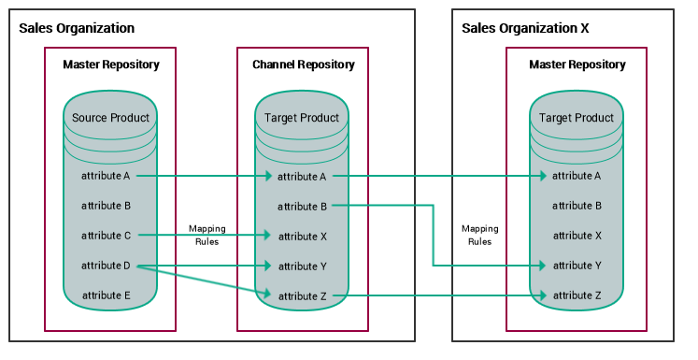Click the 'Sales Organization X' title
(x=525, y=28)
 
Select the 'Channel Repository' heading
(x=304, y=65)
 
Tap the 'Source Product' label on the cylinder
(x=110, y=118)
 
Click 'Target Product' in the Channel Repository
(x=302, y=118)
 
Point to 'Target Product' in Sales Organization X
(x=577, y=118)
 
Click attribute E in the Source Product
(x=107, y=295)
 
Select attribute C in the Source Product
(x=107, y=236)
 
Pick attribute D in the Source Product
(x=107, y=266)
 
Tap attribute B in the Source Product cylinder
(x=107, y=206)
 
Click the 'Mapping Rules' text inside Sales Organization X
(x=479, y=235)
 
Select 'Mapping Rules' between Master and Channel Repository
(x=207, y=235)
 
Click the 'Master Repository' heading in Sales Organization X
(x=577, y=65)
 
